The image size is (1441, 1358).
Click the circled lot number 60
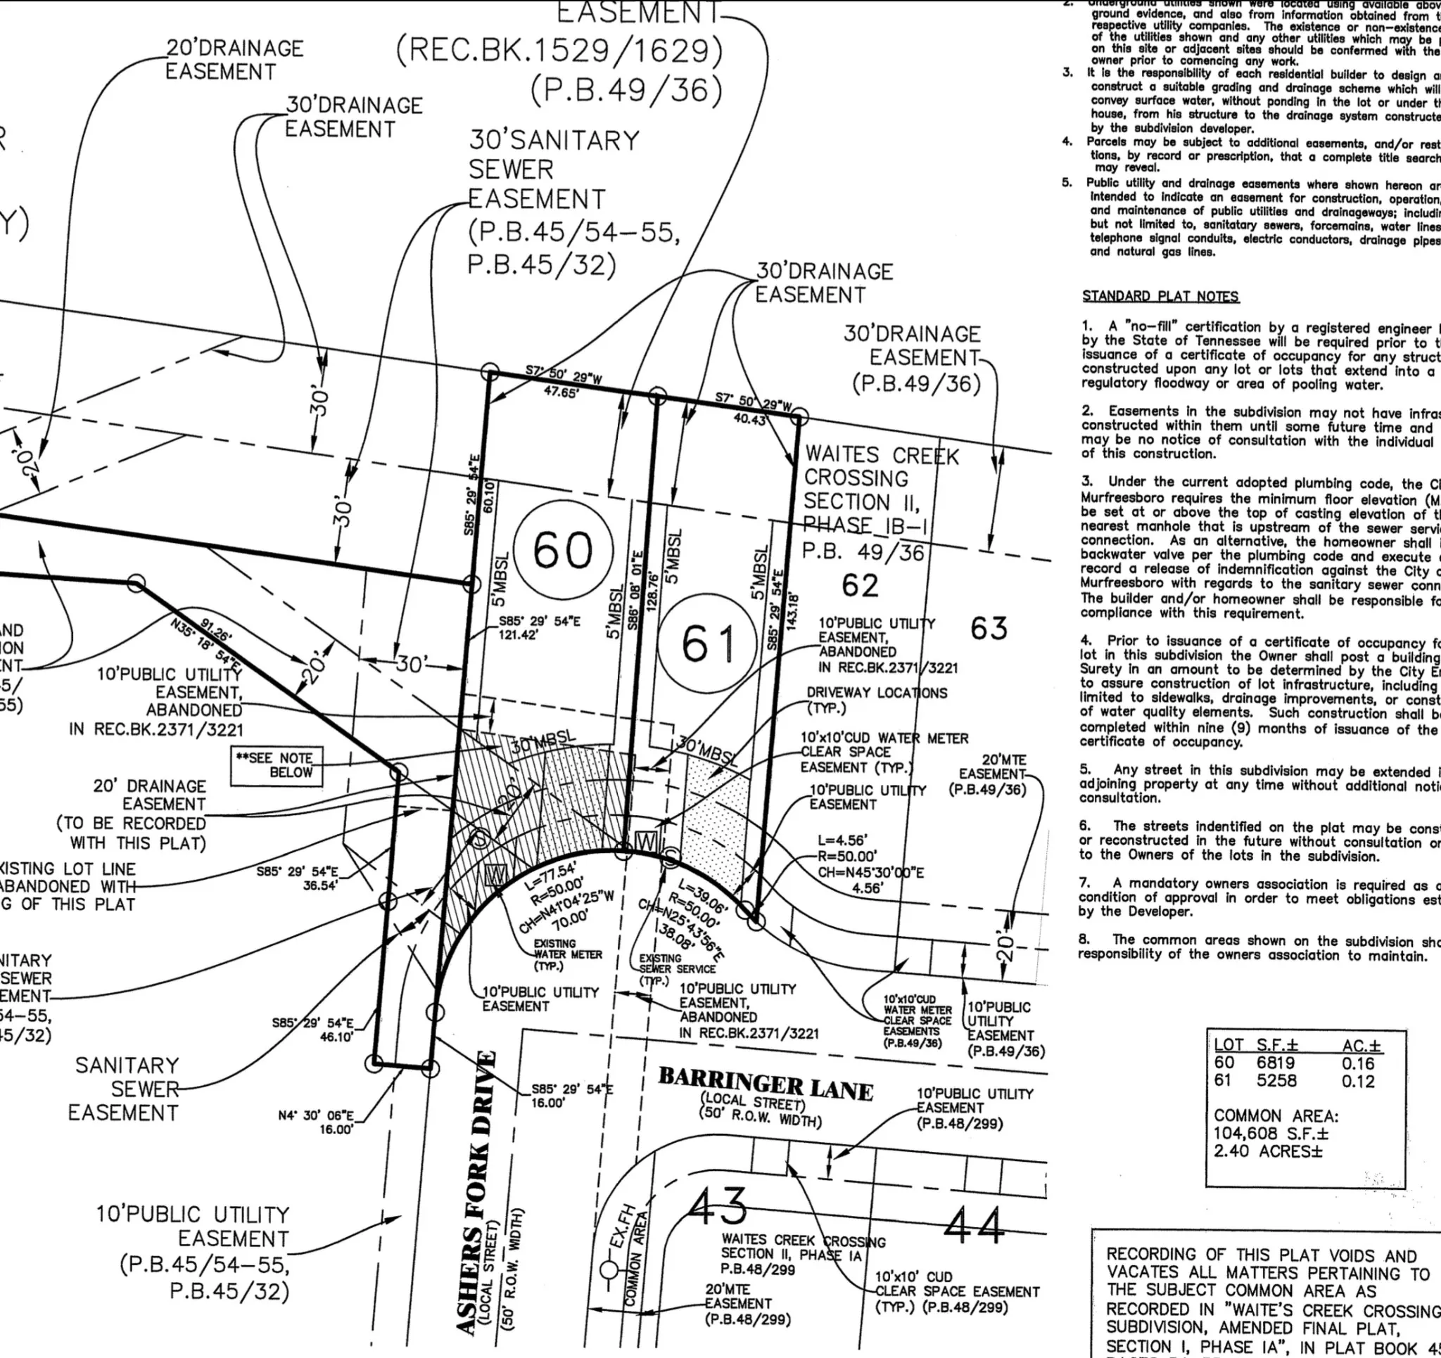click(563, 551)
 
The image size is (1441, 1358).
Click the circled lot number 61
click(708, 643)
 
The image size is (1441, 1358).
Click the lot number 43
click(716, 1207)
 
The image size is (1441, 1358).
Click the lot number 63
click(989, 628)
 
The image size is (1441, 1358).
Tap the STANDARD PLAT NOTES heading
click(1160, 296)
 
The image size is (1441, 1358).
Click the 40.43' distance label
click(749, 420)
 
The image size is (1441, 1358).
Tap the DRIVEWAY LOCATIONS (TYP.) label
click(875, 699)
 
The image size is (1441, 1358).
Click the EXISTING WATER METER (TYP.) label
click(565, 954)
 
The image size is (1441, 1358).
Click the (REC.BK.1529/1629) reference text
click(559, 51)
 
